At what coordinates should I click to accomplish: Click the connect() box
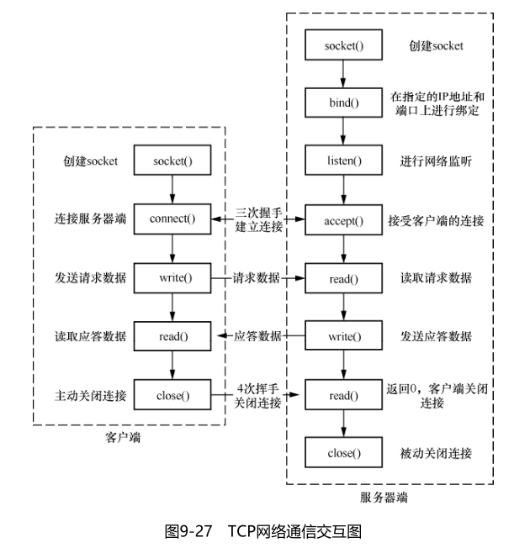point(172,220)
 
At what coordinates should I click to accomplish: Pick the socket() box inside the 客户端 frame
point(172,161)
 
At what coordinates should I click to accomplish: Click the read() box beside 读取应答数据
point(172,337)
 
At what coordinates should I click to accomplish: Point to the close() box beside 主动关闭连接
point(172,395)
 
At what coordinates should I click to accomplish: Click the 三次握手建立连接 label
point(258,220)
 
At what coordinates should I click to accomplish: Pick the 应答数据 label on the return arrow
point(257,337)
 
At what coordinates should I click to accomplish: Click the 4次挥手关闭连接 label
point(258,395)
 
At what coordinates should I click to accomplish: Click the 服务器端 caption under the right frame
point(390,498)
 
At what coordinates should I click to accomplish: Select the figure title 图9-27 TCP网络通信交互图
point(263,530)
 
